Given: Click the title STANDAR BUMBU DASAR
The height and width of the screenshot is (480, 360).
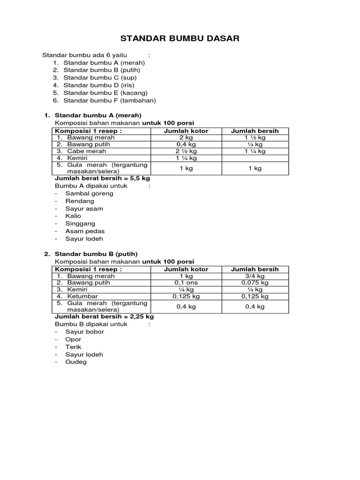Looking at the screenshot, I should (180, 38).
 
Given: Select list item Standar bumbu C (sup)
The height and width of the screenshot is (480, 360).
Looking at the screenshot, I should (100, 77).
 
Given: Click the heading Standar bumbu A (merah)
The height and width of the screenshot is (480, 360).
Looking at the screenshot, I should (98, 115).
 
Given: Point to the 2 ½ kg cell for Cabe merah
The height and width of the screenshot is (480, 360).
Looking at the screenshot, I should (186, 151).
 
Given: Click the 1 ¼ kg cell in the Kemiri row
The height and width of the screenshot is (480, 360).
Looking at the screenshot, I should (186, 158).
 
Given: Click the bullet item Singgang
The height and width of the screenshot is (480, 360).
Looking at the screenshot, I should (80, 224).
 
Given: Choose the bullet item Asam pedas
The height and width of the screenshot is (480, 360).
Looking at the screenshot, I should (85, 231).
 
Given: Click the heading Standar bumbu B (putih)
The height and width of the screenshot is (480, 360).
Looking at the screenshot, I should (96, 254).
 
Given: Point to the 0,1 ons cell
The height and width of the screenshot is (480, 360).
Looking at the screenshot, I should (186, 283).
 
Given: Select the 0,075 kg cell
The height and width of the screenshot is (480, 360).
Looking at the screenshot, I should (255, 283).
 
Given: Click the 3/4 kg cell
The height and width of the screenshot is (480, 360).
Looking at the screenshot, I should (255, 276).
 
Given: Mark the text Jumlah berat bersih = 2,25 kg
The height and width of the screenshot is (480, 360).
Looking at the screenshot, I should (104, 316).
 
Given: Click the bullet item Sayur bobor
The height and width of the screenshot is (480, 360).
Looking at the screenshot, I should (84, 332).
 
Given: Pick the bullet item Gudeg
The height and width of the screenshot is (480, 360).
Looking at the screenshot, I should (76, 362).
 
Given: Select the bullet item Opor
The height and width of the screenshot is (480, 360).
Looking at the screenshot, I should (73, 339).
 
